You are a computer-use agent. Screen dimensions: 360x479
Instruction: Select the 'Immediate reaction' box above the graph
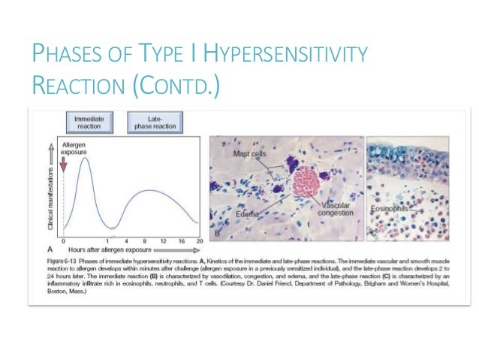click(89, 122)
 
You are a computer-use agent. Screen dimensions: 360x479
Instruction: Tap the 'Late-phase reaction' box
click(155, 122)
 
